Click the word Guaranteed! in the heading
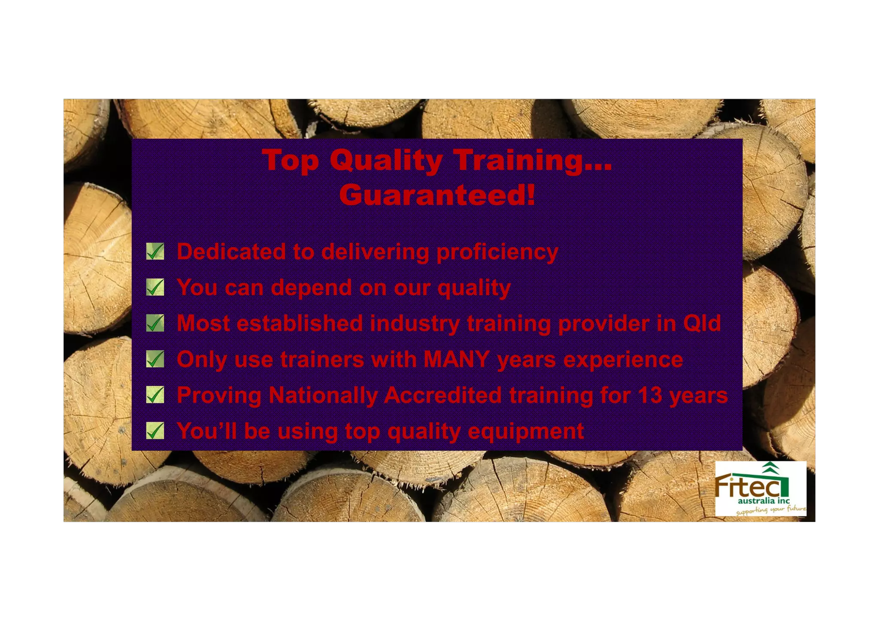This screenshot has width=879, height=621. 437,195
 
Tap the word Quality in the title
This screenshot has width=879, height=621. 386,161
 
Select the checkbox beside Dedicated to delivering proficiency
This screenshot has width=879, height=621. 155,251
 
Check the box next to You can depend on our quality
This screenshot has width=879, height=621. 155,287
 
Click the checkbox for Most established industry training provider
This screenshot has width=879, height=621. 155,323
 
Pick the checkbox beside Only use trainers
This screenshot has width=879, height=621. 155,359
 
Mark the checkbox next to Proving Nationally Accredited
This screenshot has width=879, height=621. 155,395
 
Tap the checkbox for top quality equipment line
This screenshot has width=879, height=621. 155,430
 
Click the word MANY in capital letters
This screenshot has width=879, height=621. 457,359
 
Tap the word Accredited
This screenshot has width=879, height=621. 443,395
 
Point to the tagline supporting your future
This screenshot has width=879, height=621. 770,510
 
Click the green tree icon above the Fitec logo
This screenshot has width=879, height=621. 771,467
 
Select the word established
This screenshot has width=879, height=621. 300,323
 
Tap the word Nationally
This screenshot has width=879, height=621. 323,395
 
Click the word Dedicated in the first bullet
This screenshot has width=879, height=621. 231,251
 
